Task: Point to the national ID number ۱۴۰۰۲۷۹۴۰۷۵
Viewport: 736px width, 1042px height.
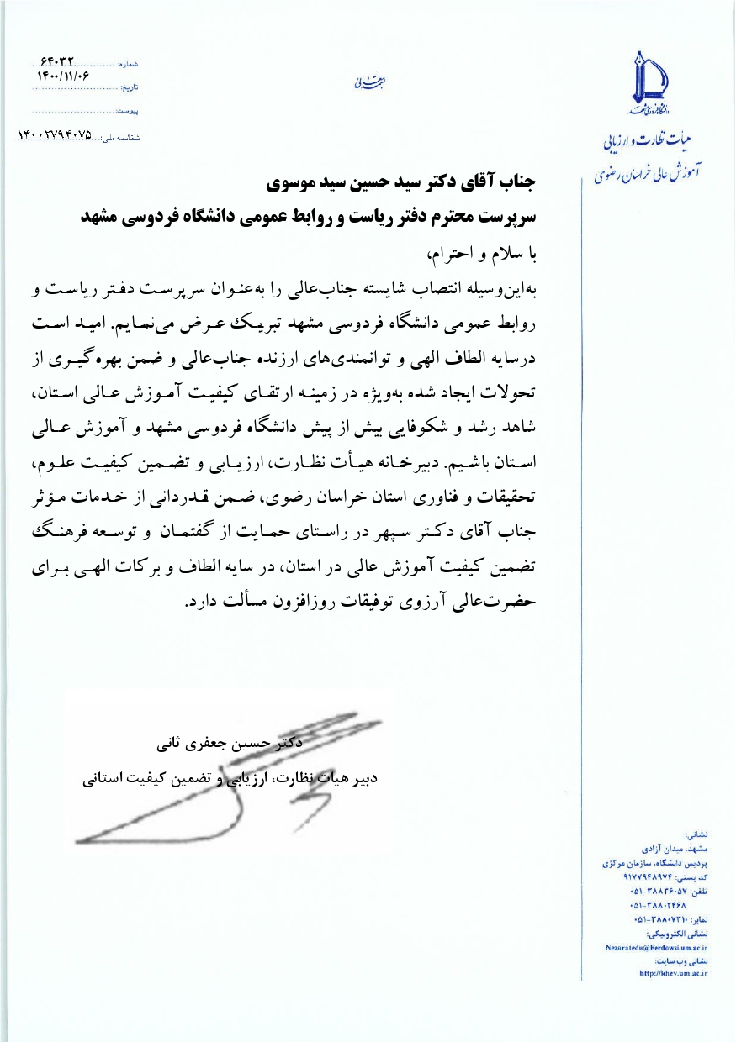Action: (x=56, y=134)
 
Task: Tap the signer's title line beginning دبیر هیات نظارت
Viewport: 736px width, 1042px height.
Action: (x=230, y=779)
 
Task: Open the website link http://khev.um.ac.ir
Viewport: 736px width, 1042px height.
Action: (x=673, y=973)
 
